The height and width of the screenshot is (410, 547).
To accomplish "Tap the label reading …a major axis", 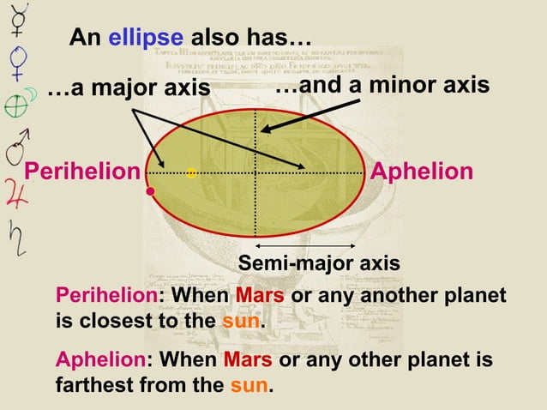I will (x=129, y=89).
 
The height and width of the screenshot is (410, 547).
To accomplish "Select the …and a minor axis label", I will (x=382, y=86).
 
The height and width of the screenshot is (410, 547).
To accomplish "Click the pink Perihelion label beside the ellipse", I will (x=81, y=172).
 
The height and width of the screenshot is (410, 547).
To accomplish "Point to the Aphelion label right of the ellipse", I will (x=421, y=172).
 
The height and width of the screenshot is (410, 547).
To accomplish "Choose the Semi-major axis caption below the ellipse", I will (x=318, y=264).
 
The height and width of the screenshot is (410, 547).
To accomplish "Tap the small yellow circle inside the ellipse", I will (x=191, y=173).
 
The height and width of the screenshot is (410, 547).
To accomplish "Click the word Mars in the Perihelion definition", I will (x=254, y=297).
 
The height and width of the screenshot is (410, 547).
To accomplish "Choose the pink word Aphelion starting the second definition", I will (x=100, y=359).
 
